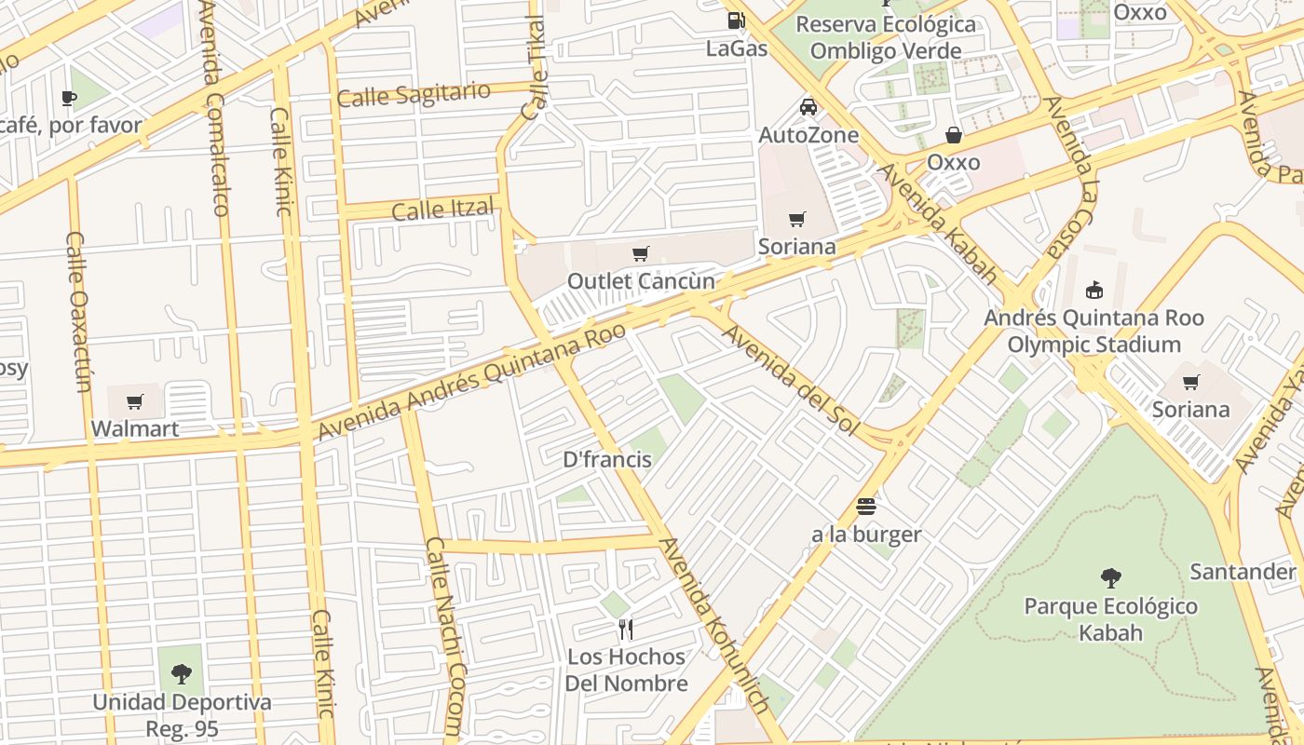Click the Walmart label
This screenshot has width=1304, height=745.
[135, 429]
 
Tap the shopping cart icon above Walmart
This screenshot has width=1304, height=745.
[135, 402]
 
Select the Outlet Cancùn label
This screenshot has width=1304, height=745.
[641, 281]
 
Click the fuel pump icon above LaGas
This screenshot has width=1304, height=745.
[736, 20]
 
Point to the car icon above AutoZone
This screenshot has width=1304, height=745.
[808, 107]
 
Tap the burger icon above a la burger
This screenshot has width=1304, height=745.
[866, 508]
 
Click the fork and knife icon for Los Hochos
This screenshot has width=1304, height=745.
[626, 630]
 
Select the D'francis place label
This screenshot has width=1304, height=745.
[607, 459]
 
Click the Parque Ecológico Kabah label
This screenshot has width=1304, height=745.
[1110, 619]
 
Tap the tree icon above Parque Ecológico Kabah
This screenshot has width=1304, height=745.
[1110, 578]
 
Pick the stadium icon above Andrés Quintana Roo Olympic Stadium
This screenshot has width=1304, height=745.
[1094, 290]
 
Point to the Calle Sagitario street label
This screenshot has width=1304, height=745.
[414, 94]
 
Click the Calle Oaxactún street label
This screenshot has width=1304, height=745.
[80, 312]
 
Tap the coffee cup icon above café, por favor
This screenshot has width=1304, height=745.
[68, 98]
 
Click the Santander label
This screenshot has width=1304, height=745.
[1243, 571]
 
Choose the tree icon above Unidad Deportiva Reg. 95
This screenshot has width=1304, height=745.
[182, 673]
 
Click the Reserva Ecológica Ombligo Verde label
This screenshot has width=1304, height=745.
[886, 37]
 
